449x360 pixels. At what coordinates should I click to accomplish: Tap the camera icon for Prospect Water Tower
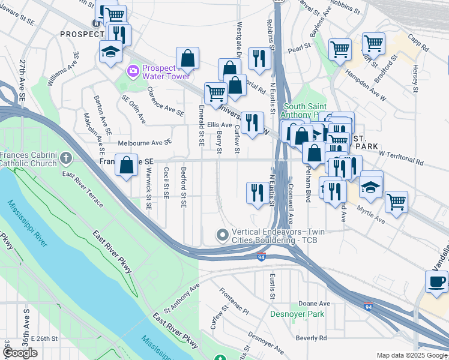coord(133,72)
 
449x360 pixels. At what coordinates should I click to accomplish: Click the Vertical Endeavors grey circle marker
coord(223,235)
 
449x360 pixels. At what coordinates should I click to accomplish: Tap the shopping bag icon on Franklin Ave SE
coord(127,166)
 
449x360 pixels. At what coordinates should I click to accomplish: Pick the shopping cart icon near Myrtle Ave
coord(396,202)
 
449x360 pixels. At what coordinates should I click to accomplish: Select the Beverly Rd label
coord(311,338)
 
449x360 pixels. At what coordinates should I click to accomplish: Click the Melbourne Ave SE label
coord(145,143)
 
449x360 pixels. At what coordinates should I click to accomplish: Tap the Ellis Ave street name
coord(220,124)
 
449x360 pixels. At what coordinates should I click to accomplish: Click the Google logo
coord(20,353)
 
